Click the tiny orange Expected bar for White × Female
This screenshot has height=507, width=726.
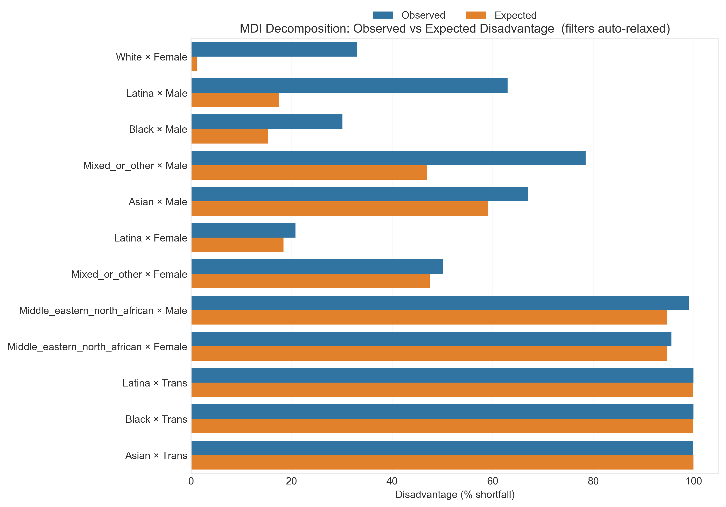coord(194,64)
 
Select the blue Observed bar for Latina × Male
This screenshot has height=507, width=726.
coord(349,85)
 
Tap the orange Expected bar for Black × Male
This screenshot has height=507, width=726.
coord(230,136)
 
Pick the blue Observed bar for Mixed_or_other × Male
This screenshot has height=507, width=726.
coord(388,158)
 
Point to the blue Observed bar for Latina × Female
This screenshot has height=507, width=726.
coord(243,230)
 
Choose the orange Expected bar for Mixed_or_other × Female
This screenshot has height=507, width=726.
coord(310,281)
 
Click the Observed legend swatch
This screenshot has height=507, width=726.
coord(383,15)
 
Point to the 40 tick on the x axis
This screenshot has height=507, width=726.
coord(392,481)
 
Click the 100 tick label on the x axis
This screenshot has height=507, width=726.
coord(693,481)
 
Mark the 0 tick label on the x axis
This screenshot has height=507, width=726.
coord(191,481)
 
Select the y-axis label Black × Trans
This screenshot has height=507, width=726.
coord(156,419)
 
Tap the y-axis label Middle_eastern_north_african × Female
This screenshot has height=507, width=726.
coord(97,347)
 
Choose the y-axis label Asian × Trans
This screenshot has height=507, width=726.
coord(156,455)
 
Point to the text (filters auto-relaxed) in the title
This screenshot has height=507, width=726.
coord(615,28)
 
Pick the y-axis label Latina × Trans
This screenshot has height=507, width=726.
coord(155,383)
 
